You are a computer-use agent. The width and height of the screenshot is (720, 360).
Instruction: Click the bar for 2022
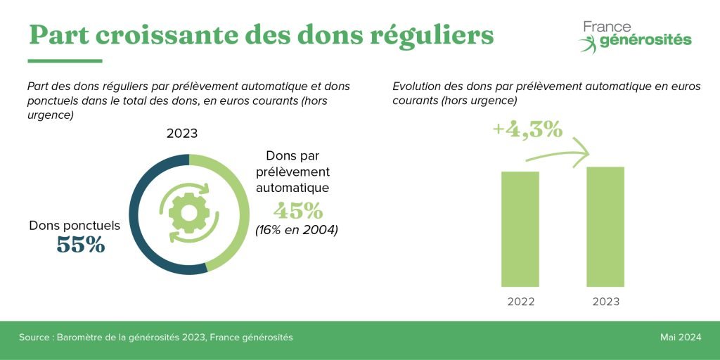[520, 229]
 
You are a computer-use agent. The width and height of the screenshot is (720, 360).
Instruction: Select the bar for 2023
[605, 226]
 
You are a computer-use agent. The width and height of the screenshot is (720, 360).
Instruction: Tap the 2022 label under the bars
[520, 302]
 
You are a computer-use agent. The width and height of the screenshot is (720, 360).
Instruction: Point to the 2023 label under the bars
[605, 302]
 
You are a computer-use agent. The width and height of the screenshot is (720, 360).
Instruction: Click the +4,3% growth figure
[527, 130]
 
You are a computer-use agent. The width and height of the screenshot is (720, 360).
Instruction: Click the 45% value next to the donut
[298, 210]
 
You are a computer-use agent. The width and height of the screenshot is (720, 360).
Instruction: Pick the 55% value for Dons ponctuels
[80, 245]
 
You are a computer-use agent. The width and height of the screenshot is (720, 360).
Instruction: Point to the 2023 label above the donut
[182, 134]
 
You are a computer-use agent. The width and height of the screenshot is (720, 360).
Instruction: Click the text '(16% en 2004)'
[297, 229]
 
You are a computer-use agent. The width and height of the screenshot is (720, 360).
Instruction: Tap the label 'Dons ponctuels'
[75, 226]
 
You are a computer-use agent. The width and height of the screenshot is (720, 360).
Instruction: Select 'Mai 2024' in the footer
[680, 337]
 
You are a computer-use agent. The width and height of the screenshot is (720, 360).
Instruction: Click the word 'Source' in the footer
[35, 337]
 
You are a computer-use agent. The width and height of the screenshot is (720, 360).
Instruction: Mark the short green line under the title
[65, 60]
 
